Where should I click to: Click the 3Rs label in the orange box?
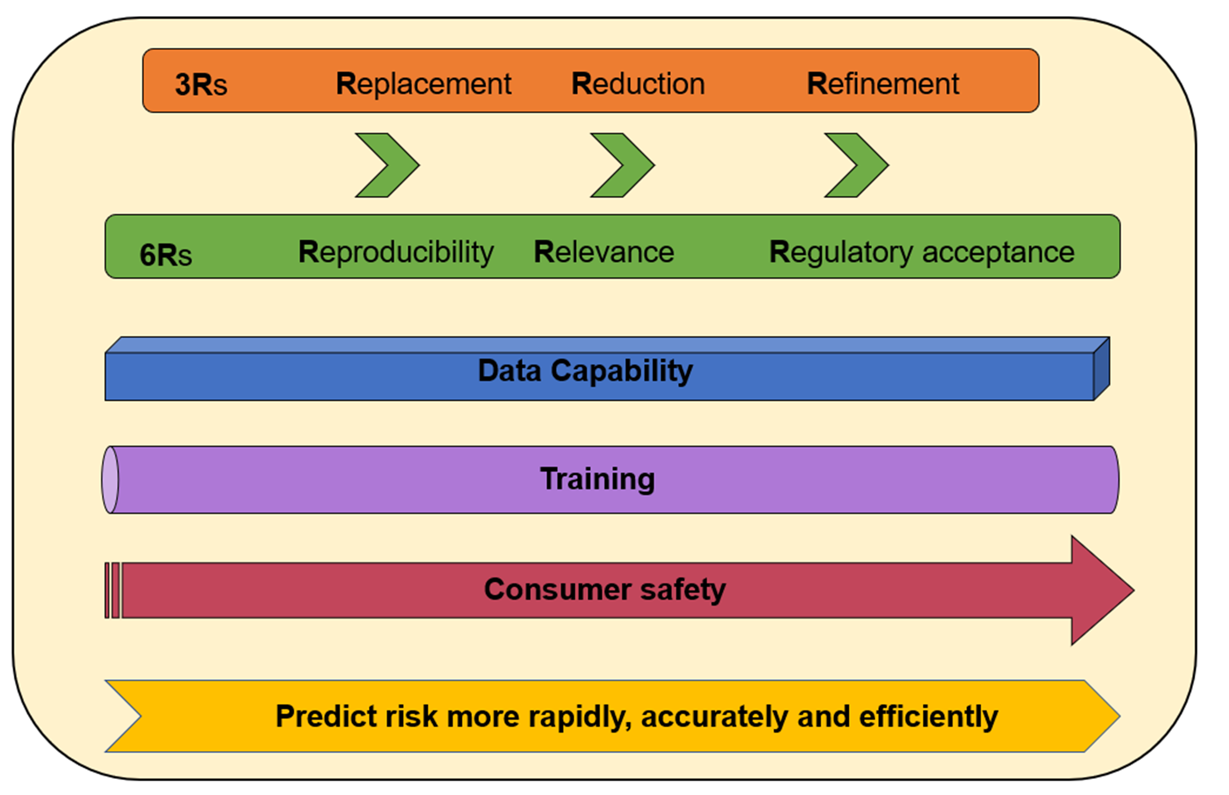point(201,84)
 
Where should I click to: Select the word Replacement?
point(423,84)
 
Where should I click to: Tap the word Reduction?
point(638,84)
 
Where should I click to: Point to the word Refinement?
point(883,84)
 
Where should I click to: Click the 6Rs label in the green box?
point(165,255)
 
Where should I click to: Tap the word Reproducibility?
point(396,252)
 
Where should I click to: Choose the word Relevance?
point(604,252)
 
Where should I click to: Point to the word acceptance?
point(998,252)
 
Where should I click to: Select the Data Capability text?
point(585,371)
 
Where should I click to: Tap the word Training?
point(597,479)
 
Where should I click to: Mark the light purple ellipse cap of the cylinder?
point(110,479)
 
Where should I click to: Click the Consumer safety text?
point(604,589)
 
